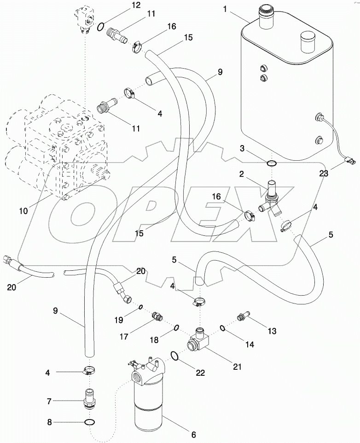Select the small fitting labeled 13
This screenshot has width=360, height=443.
click(x=241, y=317)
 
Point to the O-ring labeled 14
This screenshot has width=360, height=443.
click(x=222, y=328)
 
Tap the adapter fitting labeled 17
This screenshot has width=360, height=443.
click(x=157, y=317)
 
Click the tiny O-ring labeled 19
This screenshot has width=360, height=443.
click(x=140, y=307)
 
